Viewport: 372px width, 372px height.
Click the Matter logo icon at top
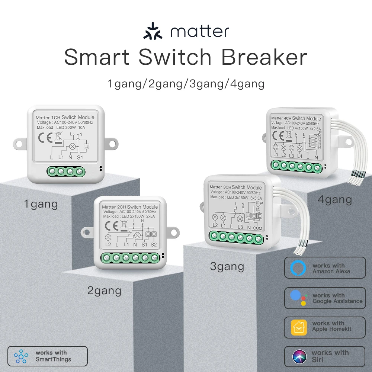[x=153, y=32]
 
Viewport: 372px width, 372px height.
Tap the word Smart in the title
[x=97, y=57]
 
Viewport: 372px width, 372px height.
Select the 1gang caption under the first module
[x=41, y=204]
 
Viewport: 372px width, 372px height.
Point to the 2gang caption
[x=104, y=291]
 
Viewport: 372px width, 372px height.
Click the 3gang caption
[x=227, y=266]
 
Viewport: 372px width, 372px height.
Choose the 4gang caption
[x=335, y=200]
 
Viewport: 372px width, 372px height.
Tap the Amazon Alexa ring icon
[x=298, y=268]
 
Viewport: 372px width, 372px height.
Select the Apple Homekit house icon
[x=299, y=327]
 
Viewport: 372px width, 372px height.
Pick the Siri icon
[x=299, y=356]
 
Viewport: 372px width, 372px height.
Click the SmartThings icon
[x=21, y=356]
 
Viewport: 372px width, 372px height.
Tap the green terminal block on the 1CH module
[x=66, y=171]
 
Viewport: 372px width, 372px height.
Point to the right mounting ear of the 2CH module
[x=175, y=231]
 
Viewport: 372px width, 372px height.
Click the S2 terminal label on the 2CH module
[x=154, y=244]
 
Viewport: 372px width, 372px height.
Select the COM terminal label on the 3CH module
[x=257, y=228]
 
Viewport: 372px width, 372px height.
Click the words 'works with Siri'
[x=330, y=356]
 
